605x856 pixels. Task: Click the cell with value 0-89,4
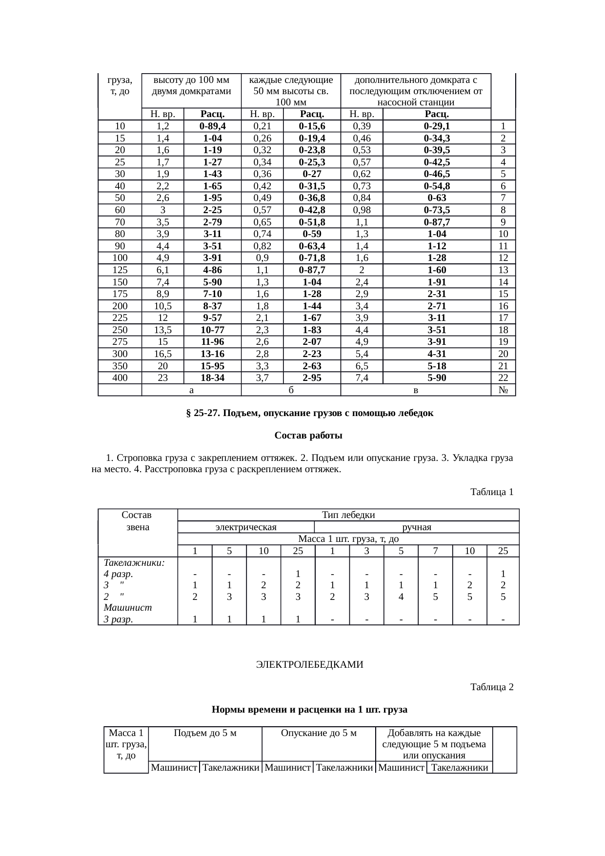coord(212,126)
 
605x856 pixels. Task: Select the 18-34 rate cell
coord(212,378)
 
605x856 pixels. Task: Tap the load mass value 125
coord(120,270)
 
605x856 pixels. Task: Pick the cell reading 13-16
coord(212,354)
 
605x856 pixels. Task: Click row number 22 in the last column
coord(503,378)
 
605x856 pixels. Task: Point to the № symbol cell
coord(503,390)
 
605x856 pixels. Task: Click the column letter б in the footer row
coord(291,390)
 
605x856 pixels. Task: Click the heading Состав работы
coord(308,436)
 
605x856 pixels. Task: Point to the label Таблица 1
coord(491,492)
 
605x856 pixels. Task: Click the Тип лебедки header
coord(348,515)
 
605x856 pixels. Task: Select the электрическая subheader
coord(246,527)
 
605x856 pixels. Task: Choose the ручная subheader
coord(416,527)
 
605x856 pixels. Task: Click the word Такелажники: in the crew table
coord(134,563)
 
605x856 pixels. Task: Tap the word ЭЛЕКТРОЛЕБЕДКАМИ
coord(309,665)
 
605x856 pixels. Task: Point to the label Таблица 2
coord(491,687)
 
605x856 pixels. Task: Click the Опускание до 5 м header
coord(319,734)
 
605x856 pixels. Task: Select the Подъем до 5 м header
coord(205,734)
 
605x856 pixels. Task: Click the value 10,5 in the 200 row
coord(162,306)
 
